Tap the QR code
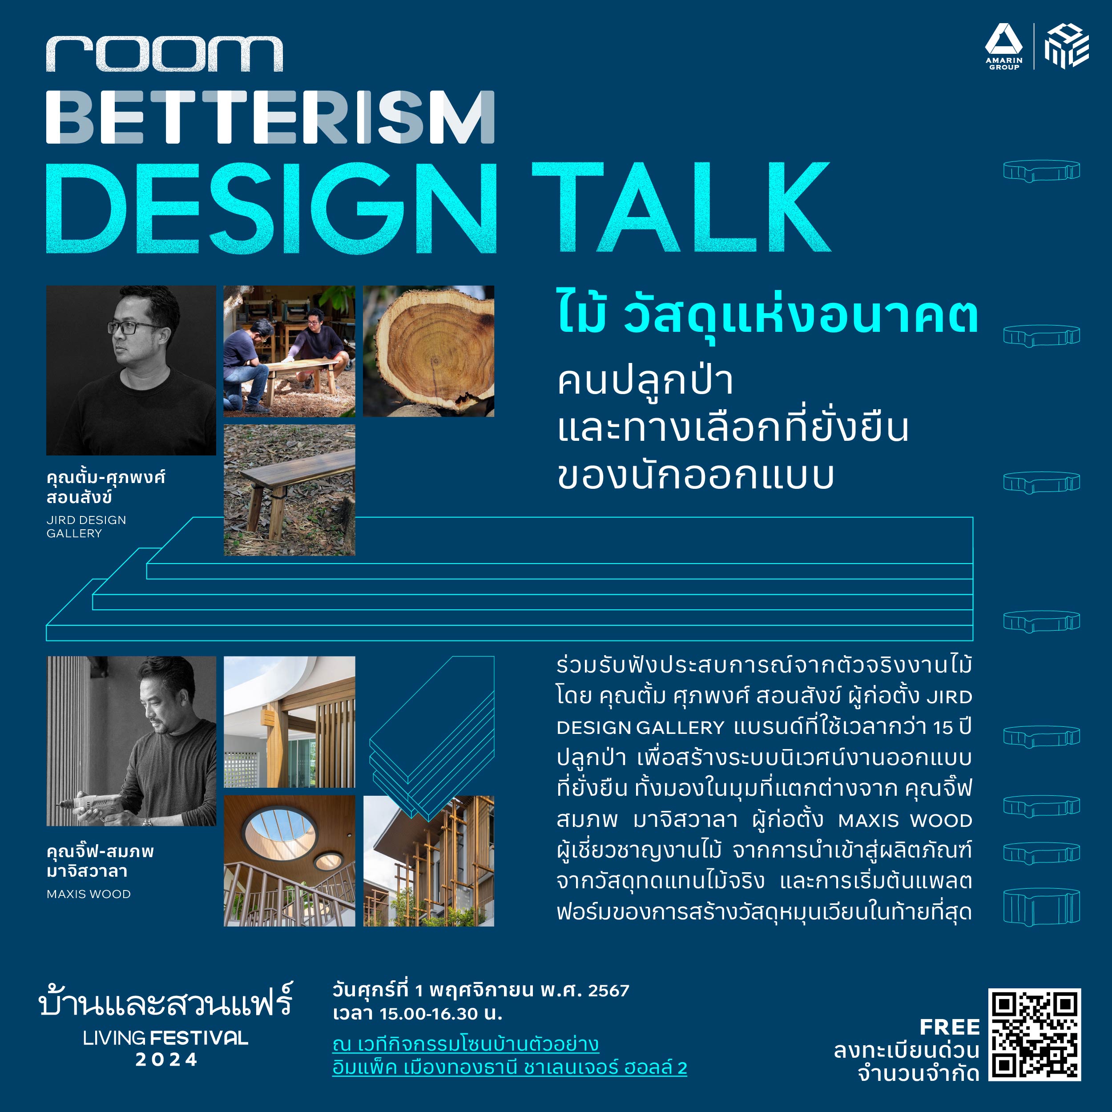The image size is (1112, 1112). tap(1034, 1034)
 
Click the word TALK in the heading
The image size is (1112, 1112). tap(681, 207)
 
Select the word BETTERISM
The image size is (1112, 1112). tap(270, 117)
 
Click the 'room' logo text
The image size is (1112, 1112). tap(165, 54)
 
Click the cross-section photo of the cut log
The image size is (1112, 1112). tap(429, 351)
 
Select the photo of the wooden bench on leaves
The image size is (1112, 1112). tap(290, 490)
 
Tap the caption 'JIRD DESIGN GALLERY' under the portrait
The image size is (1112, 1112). tap(86, 527)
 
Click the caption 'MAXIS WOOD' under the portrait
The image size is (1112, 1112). tap(89, 894)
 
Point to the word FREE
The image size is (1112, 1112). tap(950, 1027)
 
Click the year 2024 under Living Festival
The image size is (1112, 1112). tap(167, 1060)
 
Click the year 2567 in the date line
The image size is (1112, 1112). tap(609, 991)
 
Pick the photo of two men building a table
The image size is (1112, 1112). tap(290, 351)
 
